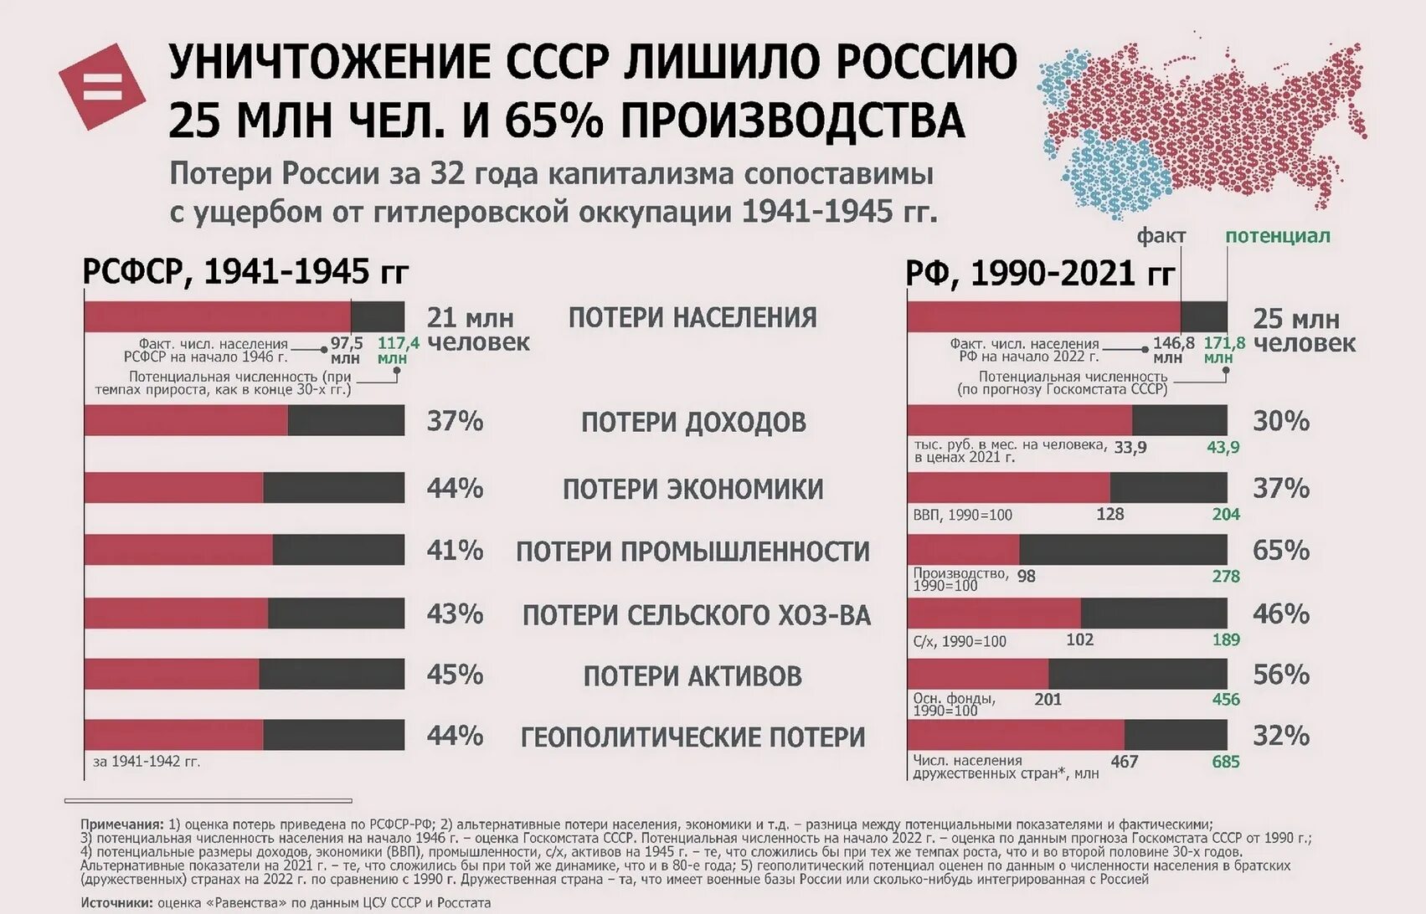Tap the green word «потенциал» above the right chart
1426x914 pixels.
pos(1277,236)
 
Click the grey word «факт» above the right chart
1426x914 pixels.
pos(1161,236)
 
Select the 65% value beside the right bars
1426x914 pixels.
pos(1280,550)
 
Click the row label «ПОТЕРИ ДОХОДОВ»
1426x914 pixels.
pos(693,422)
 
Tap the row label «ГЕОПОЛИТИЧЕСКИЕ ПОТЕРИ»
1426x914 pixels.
pos(692,737)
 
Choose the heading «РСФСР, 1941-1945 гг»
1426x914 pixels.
pos(246,272)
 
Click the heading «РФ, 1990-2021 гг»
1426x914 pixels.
pos(1040,273)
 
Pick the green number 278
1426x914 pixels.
pos(1225,576)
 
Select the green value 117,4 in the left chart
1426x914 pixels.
pos(398,343)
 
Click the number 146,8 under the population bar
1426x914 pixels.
pos(1173,343)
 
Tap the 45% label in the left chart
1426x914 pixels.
pos(455,674)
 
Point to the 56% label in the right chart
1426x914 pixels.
pos(1280,674)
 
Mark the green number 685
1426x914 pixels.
pos(1225,762)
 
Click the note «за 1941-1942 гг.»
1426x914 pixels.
pos(147,762)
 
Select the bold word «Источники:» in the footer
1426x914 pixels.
pos(117,903)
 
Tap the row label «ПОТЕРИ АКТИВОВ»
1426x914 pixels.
pos(692,675)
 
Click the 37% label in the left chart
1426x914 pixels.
pos(455,420)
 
